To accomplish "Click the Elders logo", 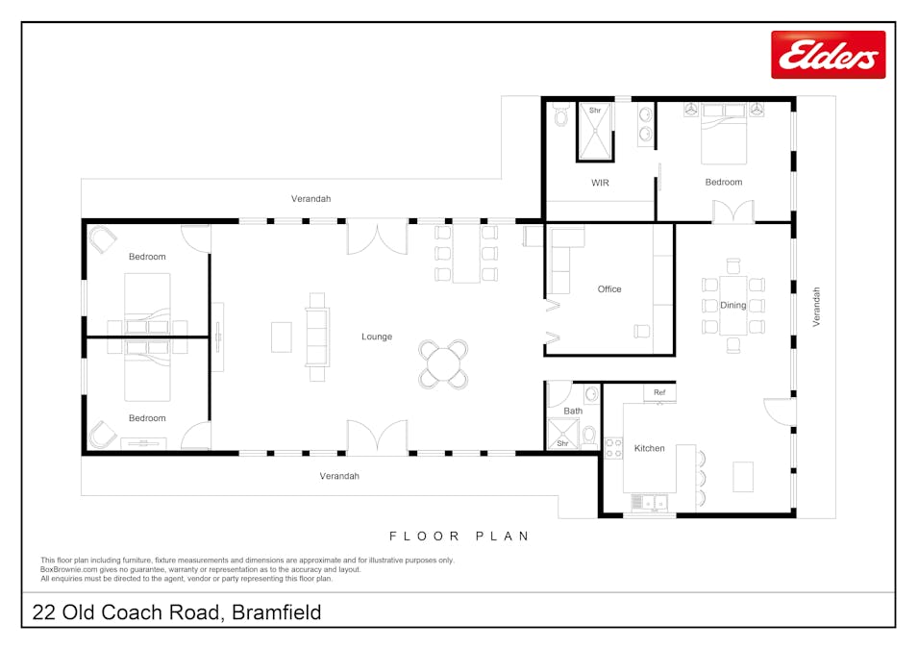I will coord(828,55).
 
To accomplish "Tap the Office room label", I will coord(609,288).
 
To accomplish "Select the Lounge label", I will coord(377,337).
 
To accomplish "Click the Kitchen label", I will coord(649,448).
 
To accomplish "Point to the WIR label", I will coord(600,182).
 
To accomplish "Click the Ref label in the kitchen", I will coord(659,392).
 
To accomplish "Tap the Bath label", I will coord(573,411).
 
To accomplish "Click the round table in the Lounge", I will coord(443,364).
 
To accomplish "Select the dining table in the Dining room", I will coord(733,305).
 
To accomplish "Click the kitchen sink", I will coord(651,502).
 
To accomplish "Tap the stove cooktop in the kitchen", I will coord(612,448).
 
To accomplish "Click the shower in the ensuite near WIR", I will coord(595,131).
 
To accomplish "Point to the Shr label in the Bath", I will coord(561,443).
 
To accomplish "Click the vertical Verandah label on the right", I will coord(817,307).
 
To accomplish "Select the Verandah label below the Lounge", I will coord(339,476).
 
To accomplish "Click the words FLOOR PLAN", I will coord(459,536).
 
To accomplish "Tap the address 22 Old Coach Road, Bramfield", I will coord(177,612).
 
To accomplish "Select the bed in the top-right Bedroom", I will coord(724,135).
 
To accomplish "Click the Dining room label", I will coord(733,305).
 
